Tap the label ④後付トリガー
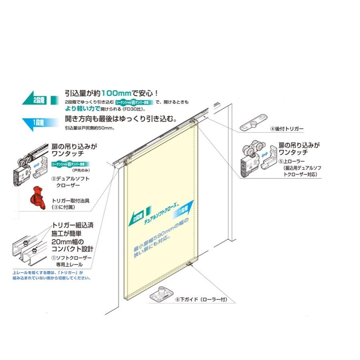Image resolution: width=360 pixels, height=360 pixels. pos(287,129)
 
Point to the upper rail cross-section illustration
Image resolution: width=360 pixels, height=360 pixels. pos(29,251)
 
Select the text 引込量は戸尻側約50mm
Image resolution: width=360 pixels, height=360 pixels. pos(91,128)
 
